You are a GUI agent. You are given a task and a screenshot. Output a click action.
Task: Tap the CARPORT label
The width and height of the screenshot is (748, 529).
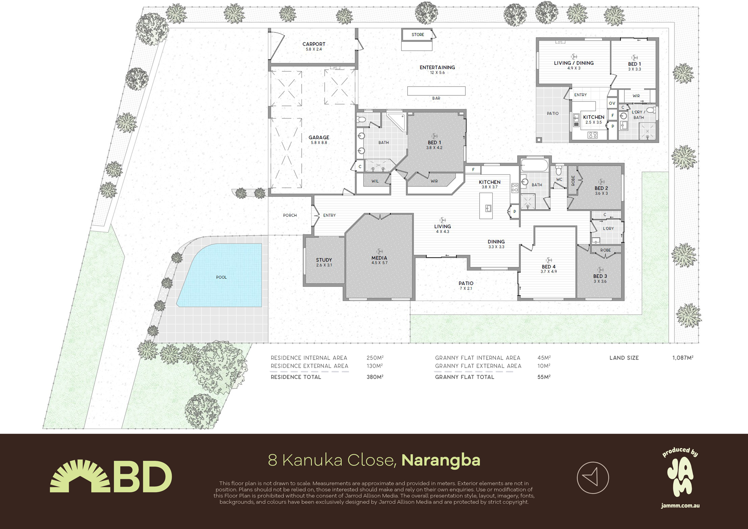[x=314, y=44]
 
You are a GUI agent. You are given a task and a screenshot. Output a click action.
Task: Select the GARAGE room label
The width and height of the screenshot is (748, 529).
[x=319, y=138]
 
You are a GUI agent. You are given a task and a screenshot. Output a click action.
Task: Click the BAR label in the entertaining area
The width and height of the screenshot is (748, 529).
[x=436, y=98]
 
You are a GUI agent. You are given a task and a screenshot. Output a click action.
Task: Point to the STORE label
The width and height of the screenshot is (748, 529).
[x=418, y=35]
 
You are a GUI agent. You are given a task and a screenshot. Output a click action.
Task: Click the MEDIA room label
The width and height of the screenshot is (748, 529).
[x=379, y=258]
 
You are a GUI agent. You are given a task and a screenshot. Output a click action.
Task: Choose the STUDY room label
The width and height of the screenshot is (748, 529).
[x=324, y=260]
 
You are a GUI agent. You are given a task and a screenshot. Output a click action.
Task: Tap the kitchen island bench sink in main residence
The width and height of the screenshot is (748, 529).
[x=488, y=208]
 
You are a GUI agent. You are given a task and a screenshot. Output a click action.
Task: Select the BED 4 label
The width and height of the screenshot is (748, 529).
[x=549, y=267]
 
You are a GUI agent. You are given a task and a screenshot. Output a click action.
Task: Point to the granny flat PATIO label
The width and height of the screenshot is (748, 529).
[x=552, y=113]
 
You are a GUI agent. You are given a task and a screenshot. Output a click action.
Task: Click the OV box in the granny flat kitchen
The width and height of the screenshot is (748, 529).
[x=612, y=103]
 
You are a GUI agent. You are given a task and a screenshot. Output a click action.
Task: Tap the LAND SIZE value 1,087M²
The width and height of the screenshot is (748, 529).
[x=683, y=358]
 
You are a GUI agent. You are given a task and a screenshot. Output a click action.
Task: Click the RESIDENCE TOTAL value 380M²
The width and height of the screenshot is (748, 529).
[x=375, y=377]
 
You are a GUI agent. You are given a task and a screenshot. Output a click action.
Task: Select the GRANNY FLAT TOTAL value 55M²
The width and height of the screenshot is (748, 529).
[x=544, y=377]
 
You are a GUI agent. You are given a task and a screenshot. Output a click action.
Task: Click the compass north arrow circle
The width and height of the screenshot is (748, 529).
[x=593, y=478]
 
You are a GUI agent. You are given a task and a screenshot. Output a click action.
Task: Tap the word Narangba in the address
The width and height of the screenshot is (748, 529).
[x=441, y=460]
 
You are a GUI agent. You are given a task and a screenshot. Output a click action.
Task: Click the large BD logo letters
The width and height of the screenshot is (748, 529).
[x=142, y=477]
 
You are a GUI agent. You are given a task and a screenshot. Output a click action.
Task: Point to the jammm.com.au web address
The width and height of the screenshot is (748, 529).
[x=680, y=506]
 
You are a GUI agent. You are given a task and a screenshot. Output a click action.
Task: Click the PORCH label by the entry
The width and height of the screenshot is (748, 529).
[x=290, y=215]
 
